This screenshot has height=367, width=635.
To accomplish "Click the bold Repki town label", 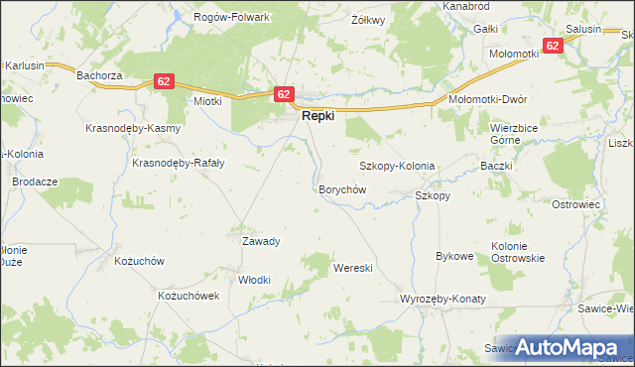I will (317, 116).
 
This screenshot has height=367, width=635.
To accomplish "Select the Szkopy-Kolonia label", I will (397, 166).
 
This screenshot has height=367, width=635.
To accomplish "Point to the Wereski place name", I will (352, 268).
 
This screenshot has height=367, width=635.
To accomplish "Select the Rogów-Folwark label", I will (233, 17).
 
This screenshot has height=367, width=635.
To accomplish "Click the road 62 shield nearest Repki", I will (284, 94).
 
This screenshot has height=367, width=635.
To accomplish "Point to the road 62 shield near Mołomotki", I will (552, 46).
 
